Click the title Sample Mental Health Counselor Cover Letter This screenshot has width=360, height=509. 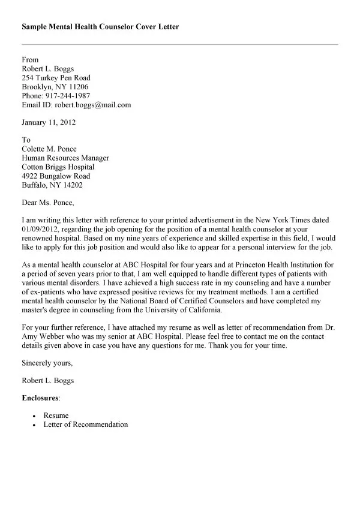(100, 27)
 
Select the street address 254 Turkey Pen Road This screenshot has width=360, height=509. (56, 78)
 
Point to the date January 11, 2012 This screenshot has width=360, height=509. (49, 122)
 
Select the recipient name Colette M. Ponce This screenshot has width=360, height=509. (49, 149)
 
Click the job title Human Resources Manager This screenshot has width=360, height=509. (65, 158)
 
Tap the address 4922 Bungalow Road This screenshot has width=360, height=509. (56, 176)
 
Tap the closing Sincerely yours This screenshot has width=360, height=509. (47, 363)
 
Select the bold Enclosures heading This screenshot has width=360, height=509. (41, 397)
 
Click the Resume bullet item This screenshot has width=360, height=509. (56, 415)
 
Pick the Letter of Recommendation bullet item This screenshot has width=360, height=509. (86, 424)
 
